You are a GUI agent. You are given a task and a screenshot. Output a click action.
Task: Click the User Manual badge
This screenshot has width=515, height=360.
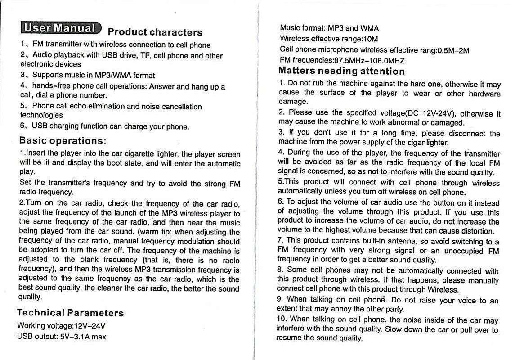point(59,28)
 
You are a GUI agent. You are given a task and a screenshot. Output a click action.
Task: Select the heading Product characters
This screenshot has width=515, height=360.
point(155,32)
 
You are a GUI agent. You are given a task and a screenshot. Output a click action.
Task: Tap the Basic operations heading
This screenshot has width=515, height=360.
point(62,140)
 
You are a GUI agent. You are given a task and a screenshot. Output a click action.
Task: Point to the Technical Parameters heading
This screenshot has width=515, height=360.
point(70,313)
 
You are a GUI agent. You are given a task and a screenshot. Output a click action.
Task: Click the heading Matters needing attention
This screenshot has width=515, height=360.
point(341,71)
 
